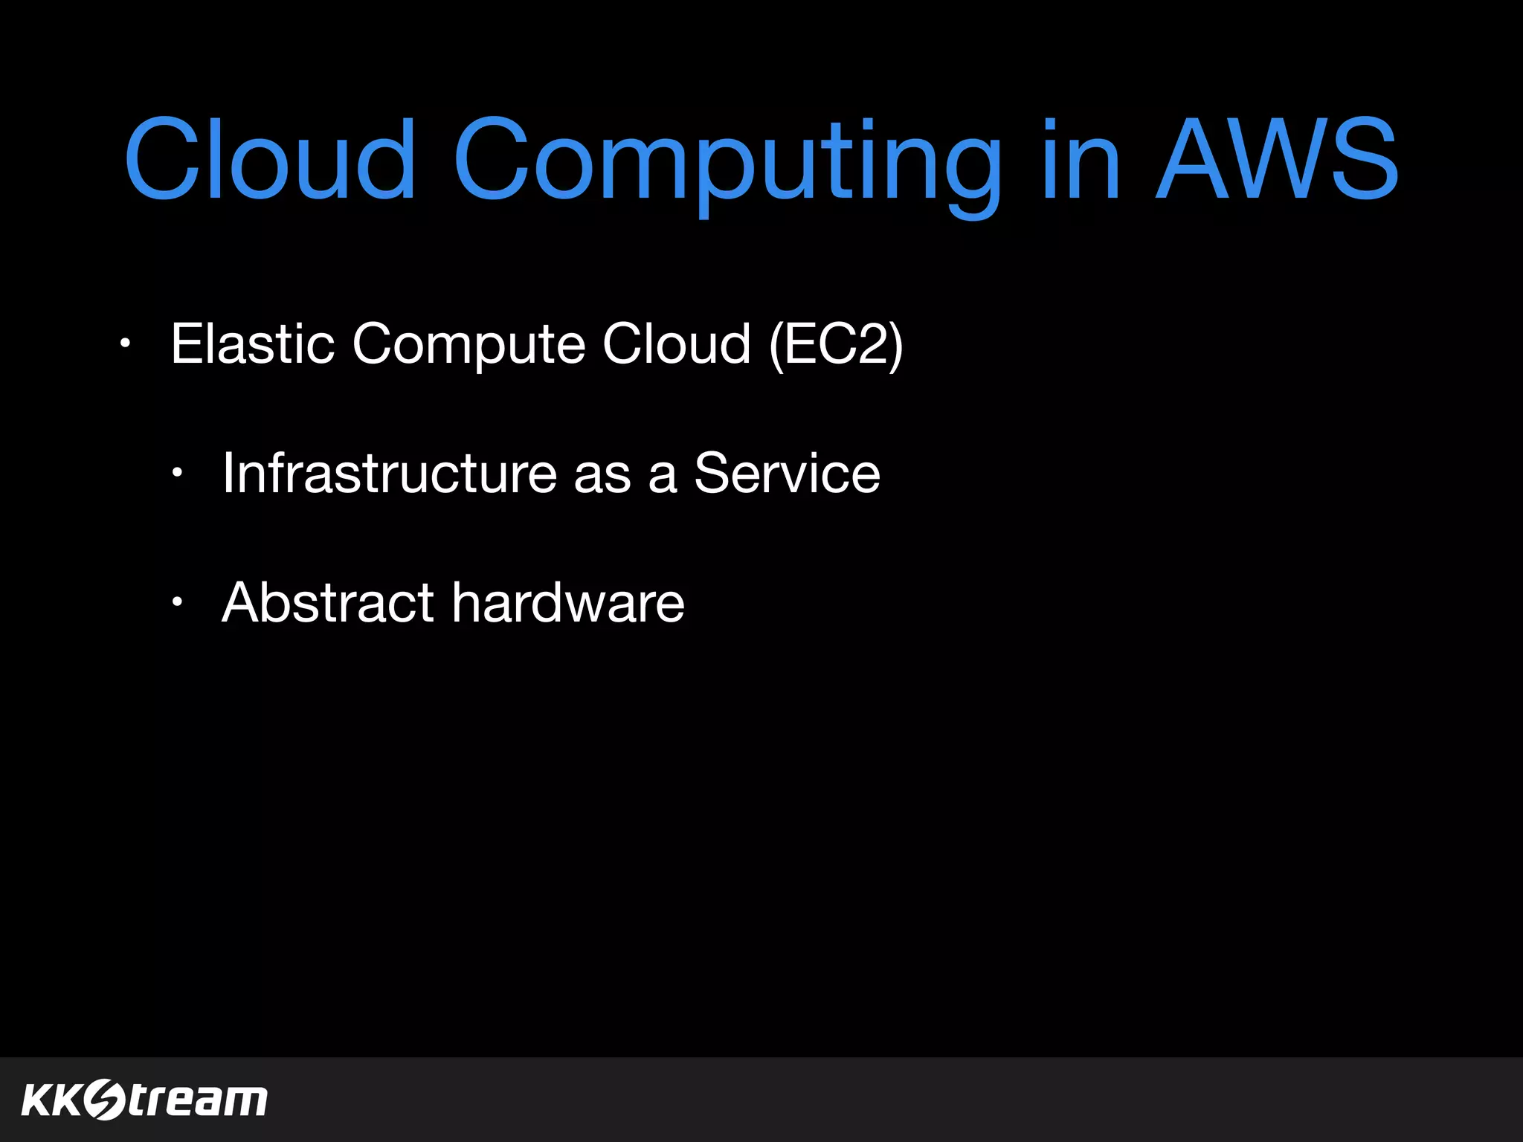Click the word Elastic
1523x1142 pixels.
point(252,343)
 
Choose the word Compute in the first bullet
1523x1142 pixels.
point(469,345)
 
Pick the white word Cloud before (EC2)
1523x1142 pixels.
point(676,343)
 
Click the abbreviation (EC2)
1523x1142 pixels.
point(836,345)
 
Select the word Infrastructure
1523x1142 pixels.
point(389,473)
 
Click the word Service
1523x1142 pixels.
point(787,473)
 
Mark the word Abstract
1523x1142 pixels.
point(327,602)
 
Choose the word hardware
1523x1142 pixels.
point(568,602)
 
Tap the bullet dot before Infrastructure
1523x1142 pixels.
point(176,473)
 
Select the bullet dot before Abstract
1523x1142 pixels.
point(176,602)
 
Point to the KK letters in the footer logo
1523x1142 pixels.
point(51,1100)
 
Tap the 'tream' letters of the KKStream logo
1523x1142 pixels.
point(198,1100)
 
